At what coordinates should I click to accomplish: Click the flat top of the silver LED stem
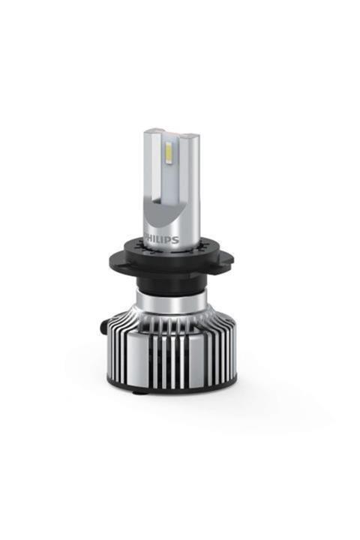(171, 133)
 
